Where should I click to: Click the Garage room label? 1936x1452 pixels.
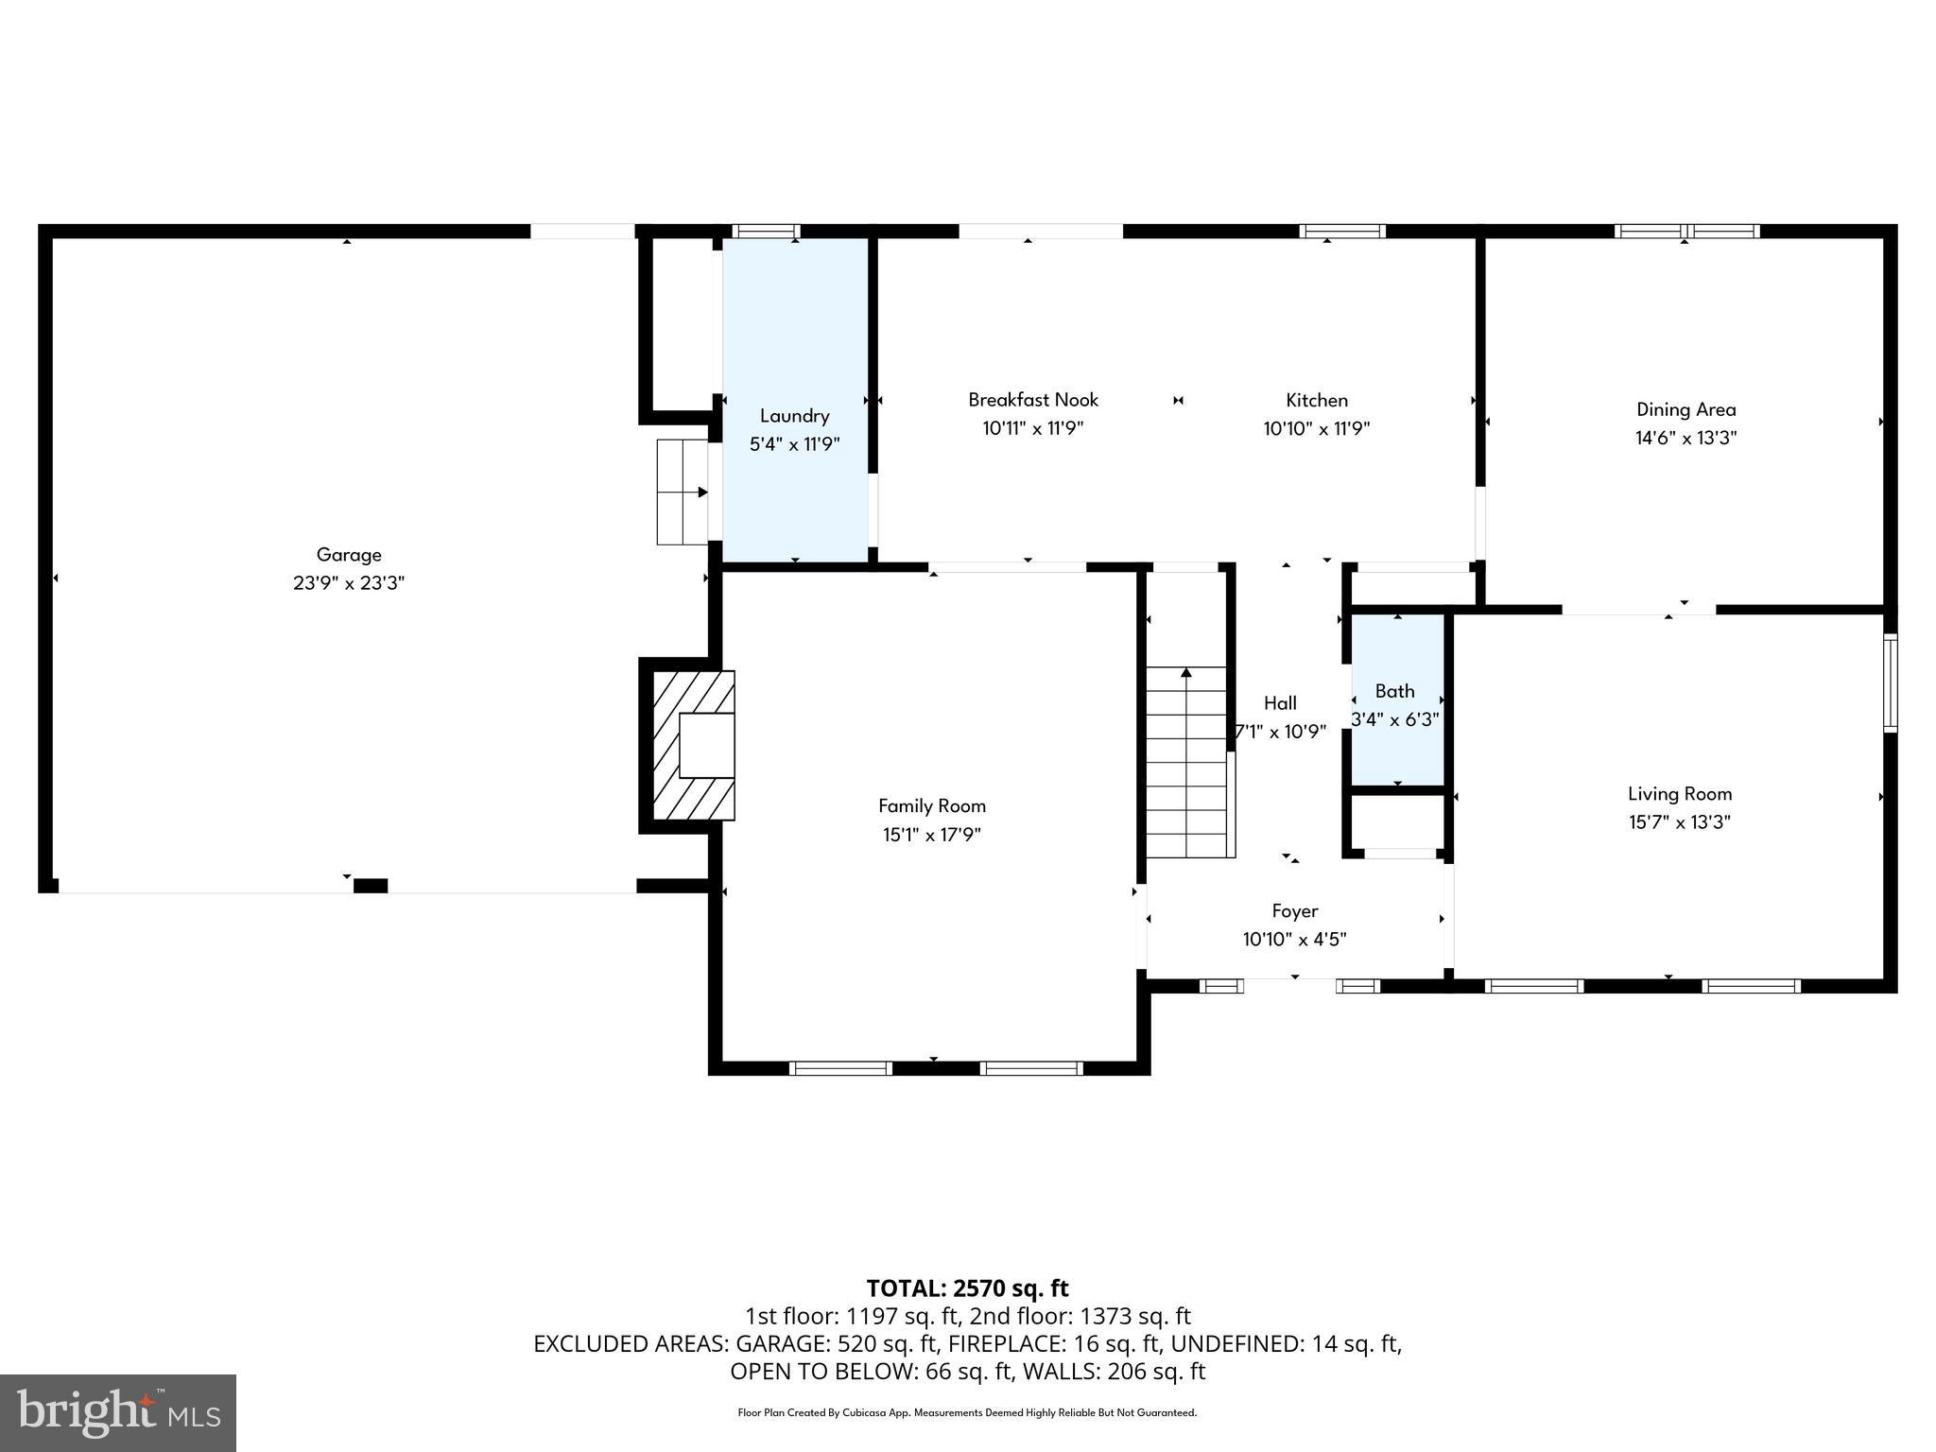tap(349, 555)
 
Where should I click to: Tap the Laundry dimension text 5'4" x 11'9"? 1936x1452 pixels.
tap(794, 444)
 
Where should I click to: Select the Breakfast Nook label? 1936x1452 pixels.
tap(1032, 400)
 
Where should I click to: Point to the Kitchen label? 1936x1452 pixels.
tap(1316, 400)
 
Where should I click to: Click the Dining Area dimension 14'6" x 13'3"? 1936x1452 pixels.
tap(1685, 438)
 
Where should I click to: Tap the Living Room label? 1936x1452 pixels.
tap(1679, 794)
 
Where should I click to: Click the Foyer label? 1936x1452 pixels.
tap(1294, 911)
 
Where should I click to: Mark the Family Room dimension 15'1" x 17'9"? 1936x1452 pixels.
tap(931, 835)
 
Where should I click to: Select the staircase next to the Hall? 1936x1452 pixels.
tap(1186, 761)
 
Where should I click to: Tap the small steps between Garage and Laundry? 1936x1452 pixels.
tap(682, 492)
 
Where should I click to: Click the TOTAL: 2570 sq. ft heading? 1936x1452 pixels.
tap(967, 1288)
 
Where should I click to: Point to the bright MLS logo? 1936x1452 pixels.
tap(118, 1412)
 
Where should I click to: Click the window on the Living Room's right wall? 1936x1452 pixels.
tap(1890, 683)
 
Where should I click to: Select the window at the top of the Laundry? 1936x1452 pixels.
tap(766, 231)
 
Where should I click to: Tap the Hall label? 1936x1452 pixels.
tap(1280, 703)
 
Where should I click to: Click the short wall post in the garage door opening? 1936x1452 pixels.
tap(371, 886)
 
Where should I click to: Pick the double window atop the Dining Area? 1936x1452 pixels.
tap(1686, 231)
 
